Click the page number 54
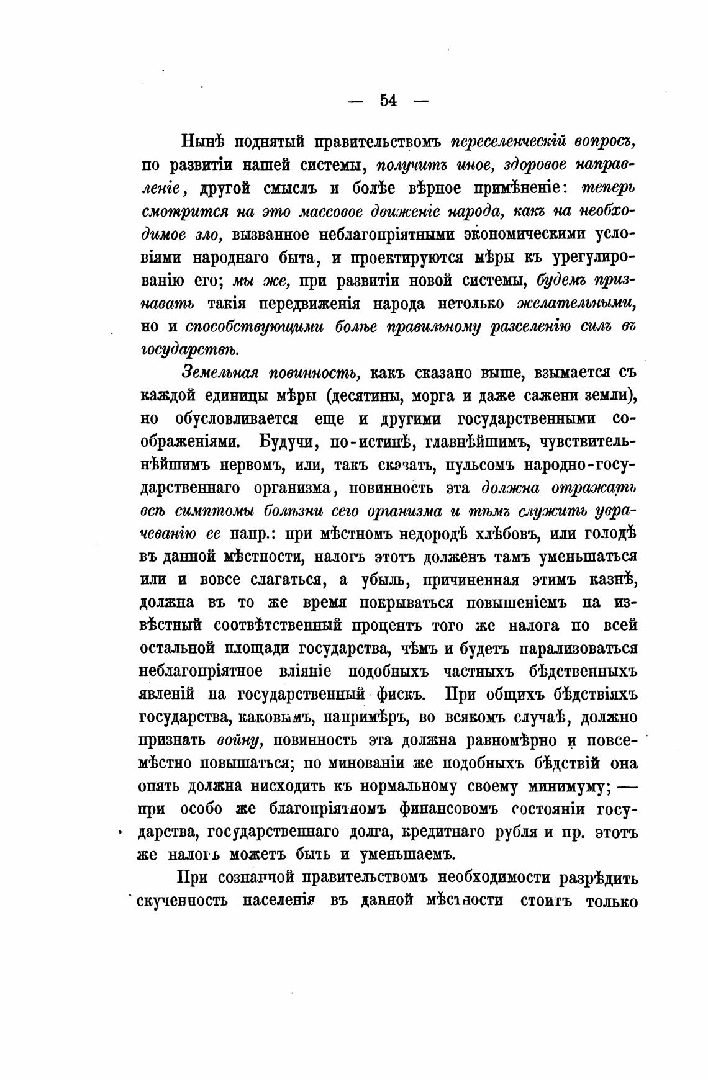(388, 100)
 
